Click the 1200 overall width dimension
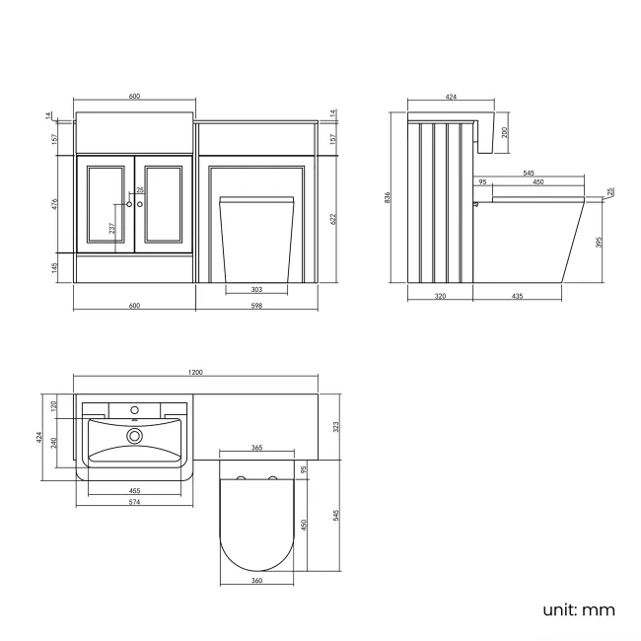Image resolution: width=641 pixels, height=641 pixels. click(195, 372)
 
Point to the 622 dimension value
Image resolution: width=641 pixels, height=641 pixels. click(333, 218)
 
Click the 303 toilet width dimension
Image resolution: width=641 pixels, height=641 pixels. click(256, 289)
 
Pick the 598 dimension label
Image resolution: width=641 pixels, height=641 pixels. click(256, 306)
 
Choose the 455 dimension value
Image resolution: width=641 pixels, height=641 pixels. click(133, 490)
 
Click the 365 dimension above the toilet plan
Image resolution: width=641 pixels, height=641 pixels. click(256, 449)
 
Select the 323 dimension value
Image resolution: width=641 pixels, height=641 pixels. click(336, 427)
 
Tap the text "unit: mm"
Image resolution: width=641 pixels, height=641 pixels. click(579, 609)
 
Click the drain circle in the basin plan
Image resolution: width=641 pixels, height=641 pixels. click(134, 434)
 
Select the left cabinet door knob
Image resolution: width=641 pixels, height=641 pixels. click(128, 204)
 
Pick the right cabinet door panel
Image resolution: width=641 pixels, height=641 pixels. click(163, 204)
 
